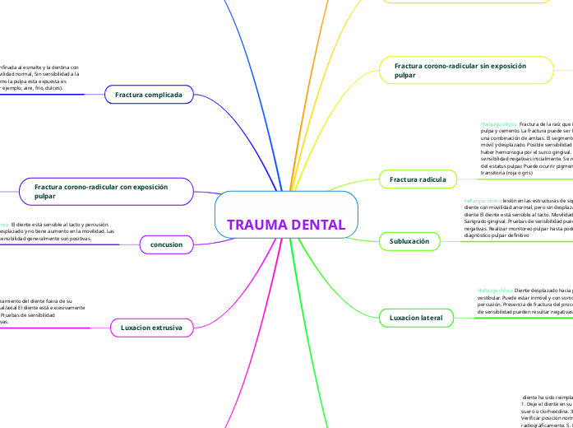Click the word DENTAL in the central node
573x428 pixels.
tap(317, 226)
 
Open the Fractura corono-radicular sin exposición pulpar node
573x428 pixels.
tap(465, 70)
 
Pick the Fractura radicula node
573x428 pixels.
tap(418, 179)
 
